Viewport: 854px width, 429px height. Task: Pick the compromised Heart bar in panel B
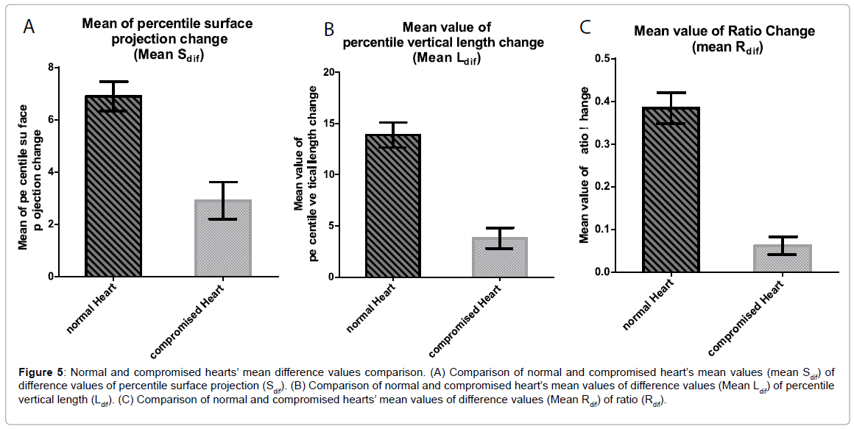pyautogui.click(x=499, y=258)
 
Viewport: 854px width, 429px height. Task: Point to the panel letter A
pyautogui.click(x=29, y=27)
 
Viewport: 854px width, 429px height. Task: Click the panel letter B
pyautogui.click(x=329, y=29)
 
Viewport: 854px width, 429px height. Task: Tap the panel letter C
pyautogui.click(x=585, y=27)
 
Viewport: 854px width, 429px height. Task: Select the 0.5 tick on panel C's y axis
pyautogui.click(x=609, y=58)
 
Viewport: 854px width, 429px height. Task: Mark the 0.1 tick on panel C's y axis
pyautogui.click(x=609, y=230)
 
